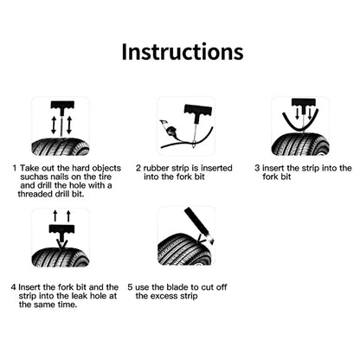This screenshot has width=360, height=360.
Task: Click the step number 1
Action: tap(16, 168)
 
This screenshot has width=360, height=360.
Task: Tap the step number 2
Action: tap(138, 168)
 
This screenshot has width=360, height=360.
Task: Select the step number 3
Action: tap(258, 168)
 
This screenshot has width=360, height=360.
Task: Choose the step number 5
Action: tap(130, 286)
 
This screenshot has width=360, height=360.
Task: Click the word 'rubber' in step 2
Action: tap(159, 168)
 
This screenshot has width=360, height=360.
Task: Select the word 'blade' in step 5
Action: tap(175, 286)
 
